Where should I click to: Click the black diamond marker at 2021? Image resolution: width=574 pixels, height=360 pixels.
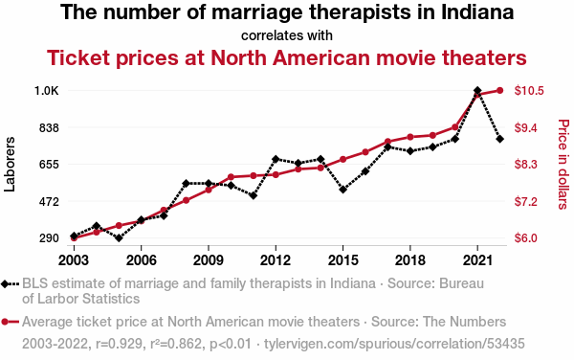477,90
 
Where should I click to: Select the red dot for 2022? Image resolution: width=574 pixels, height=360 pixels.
500,90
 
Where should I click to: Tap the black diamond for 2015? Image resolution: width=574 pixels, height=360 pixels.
343,190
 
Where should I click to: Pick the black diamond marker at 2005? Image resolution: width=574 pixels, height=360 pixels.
119,238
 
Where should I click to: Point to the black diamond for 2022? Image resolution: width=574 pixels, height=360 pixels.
500,139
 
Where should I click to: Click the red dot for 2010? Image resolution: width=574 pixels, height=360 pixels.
231,177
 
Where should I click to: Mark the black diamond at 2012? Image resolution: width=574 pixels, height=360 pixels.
276,159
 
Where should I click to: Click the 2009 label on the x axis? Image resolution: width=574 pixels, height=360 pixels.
209,260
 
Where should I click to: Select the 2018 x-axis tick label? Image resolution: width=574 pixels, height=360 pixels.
410,260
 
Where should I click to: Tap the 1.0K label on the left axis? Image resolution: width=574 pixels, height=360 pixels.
47,91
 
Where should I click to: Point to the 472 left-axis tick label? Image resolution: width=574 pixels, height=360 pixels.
49,201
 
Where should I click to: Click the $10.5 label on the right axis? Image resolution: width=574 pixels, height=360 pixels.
529,90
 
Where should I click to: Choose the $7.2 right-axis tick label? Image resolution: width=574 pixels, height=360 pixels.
525,201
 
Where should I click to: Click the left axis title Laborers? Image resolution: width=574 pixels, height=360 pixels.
10,164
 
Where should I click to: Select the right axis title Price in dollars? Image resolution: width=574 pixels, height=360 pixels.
563,164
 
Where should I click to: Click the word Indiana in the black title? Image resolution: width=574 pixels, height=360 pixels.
477,12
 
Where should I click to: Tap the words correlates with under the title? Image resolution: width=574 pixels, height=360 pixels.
287,35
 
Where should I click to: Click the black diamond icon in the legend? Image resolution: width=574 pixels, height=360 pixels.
5,283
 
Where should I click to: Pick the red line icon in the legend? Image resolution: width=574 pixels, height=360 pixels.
10,322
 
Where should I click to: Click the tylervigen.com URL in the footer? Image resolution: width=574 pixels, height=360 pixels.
394,344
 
